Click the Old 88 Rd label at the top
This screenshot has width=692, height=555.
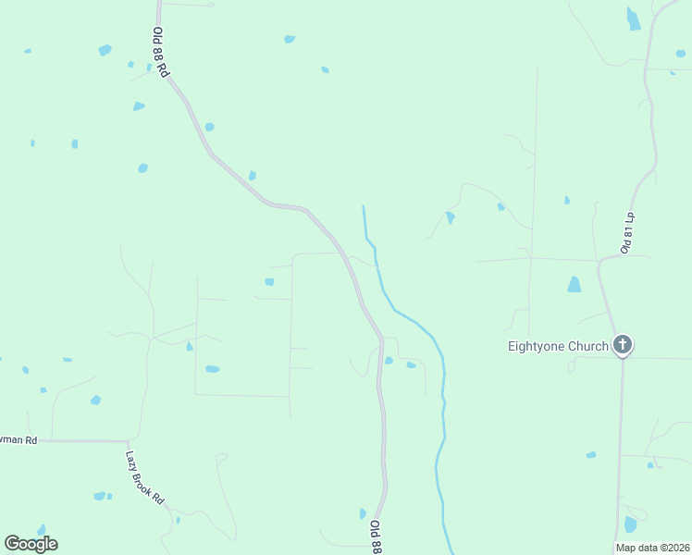[x=161, y=52]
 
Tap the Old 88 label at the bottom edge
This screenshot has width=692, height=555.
[x=376, y=536]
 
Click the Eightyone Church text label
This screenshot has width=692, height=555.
[x=558, y=347]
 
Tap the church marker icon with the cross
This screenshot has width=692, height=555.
[x=623, y=346]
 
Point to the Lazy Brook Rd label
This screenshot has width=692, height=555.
[x=145, y=477]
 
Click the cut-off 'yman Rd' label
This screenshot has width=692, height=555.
[x=19, y=441]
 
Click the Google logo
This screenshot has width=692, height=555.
[x=31, y=544]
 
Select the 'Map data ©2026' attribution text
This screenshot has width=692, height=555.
[x=652, y=548]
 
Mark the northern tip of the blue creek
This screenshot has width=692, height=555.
[x=364, y=207]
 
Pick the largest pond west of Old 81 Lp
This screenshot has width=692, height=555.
[x=574, y=285]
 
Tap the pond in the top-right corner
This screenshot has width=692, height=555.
[x=634, y=18]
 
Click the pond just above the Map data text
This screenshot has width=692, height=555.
[x=630, y=524]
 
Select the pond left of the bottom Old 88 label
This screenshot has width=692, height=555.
[x=363, y=513]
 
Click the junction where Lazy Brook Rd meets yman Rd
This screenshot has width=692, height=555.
[x=128, y=441]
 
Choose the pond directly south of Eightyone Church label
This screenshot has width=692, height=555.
[x=591, y=455]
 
